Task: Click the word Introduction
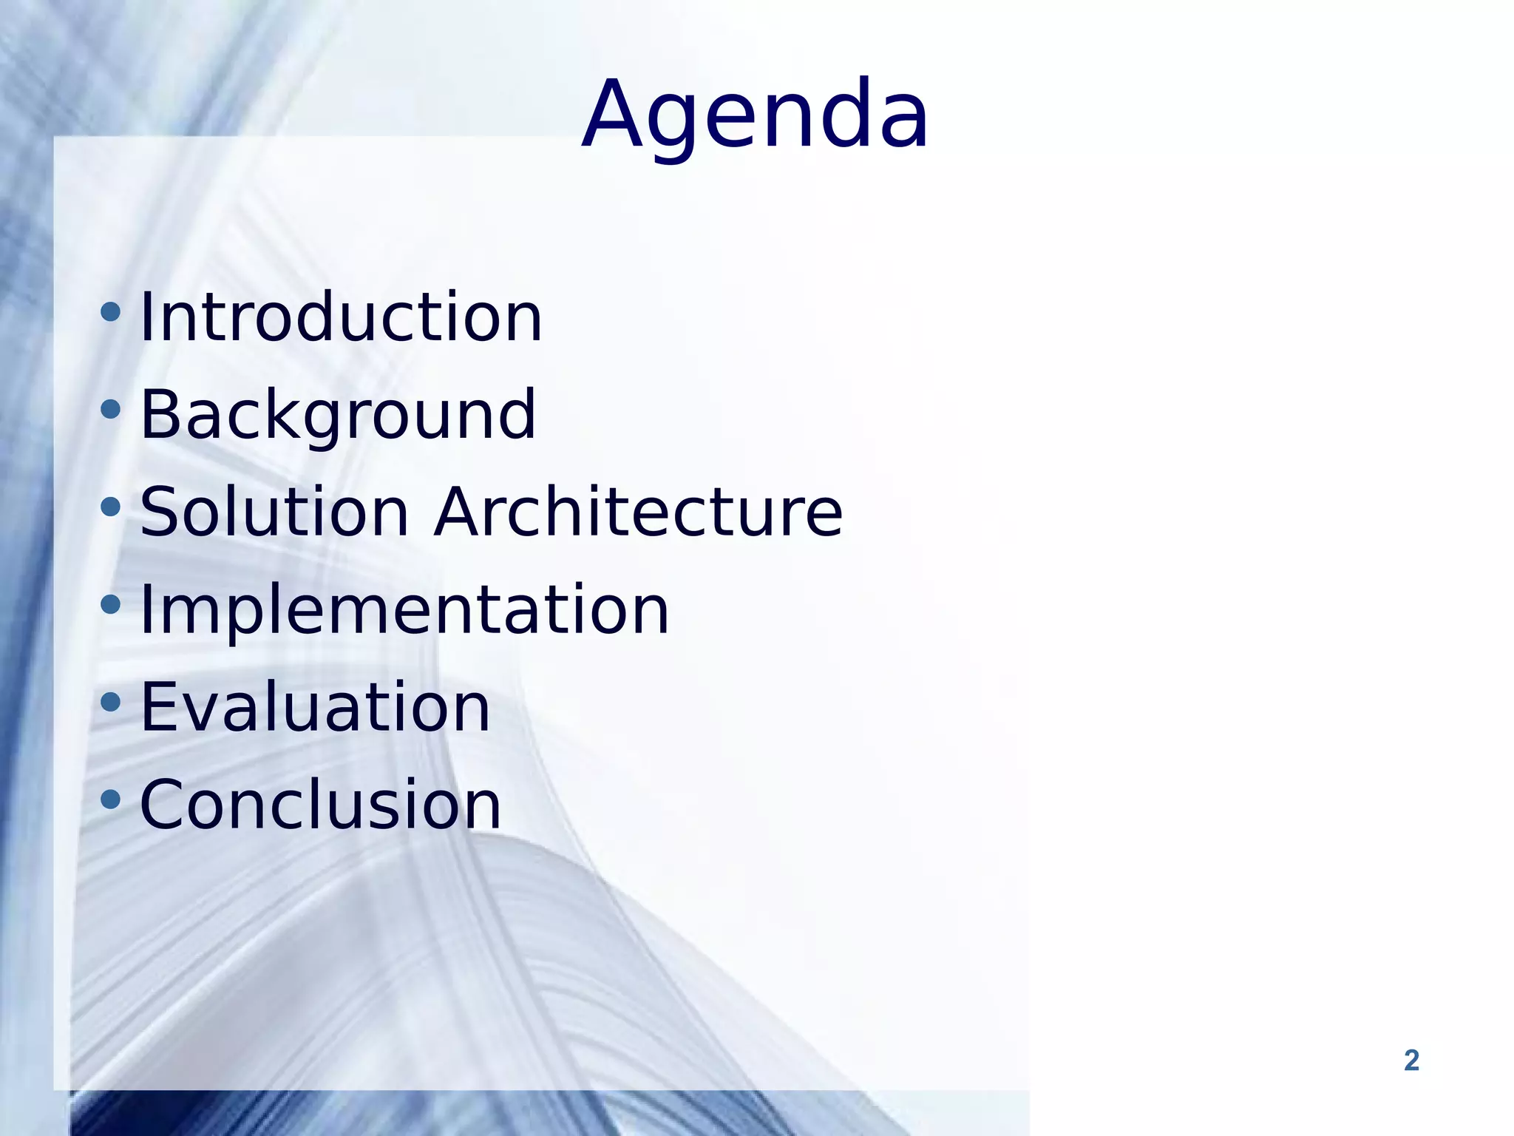point(341,317)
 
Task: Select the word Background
point(338,415)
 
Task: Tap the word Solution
point(274,512)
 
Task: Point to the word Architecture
point(638,512)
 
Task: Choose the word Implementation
point(404,610)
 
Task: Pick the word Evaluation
point(315,708)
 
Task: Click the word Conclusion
point(321,805)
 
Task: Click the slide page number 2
point(1411,1061)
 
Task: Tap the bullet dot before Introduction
point(110,312)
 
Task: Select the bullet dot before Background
point(110,409)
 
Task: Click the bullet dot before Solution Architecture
point(110,507)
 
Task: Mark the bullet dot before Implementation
point(110,604)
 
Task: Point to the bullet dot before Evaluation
point(110,702)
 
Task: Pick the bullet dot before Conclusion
point(110,799)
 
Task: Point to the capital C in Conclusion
point(164,805)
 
